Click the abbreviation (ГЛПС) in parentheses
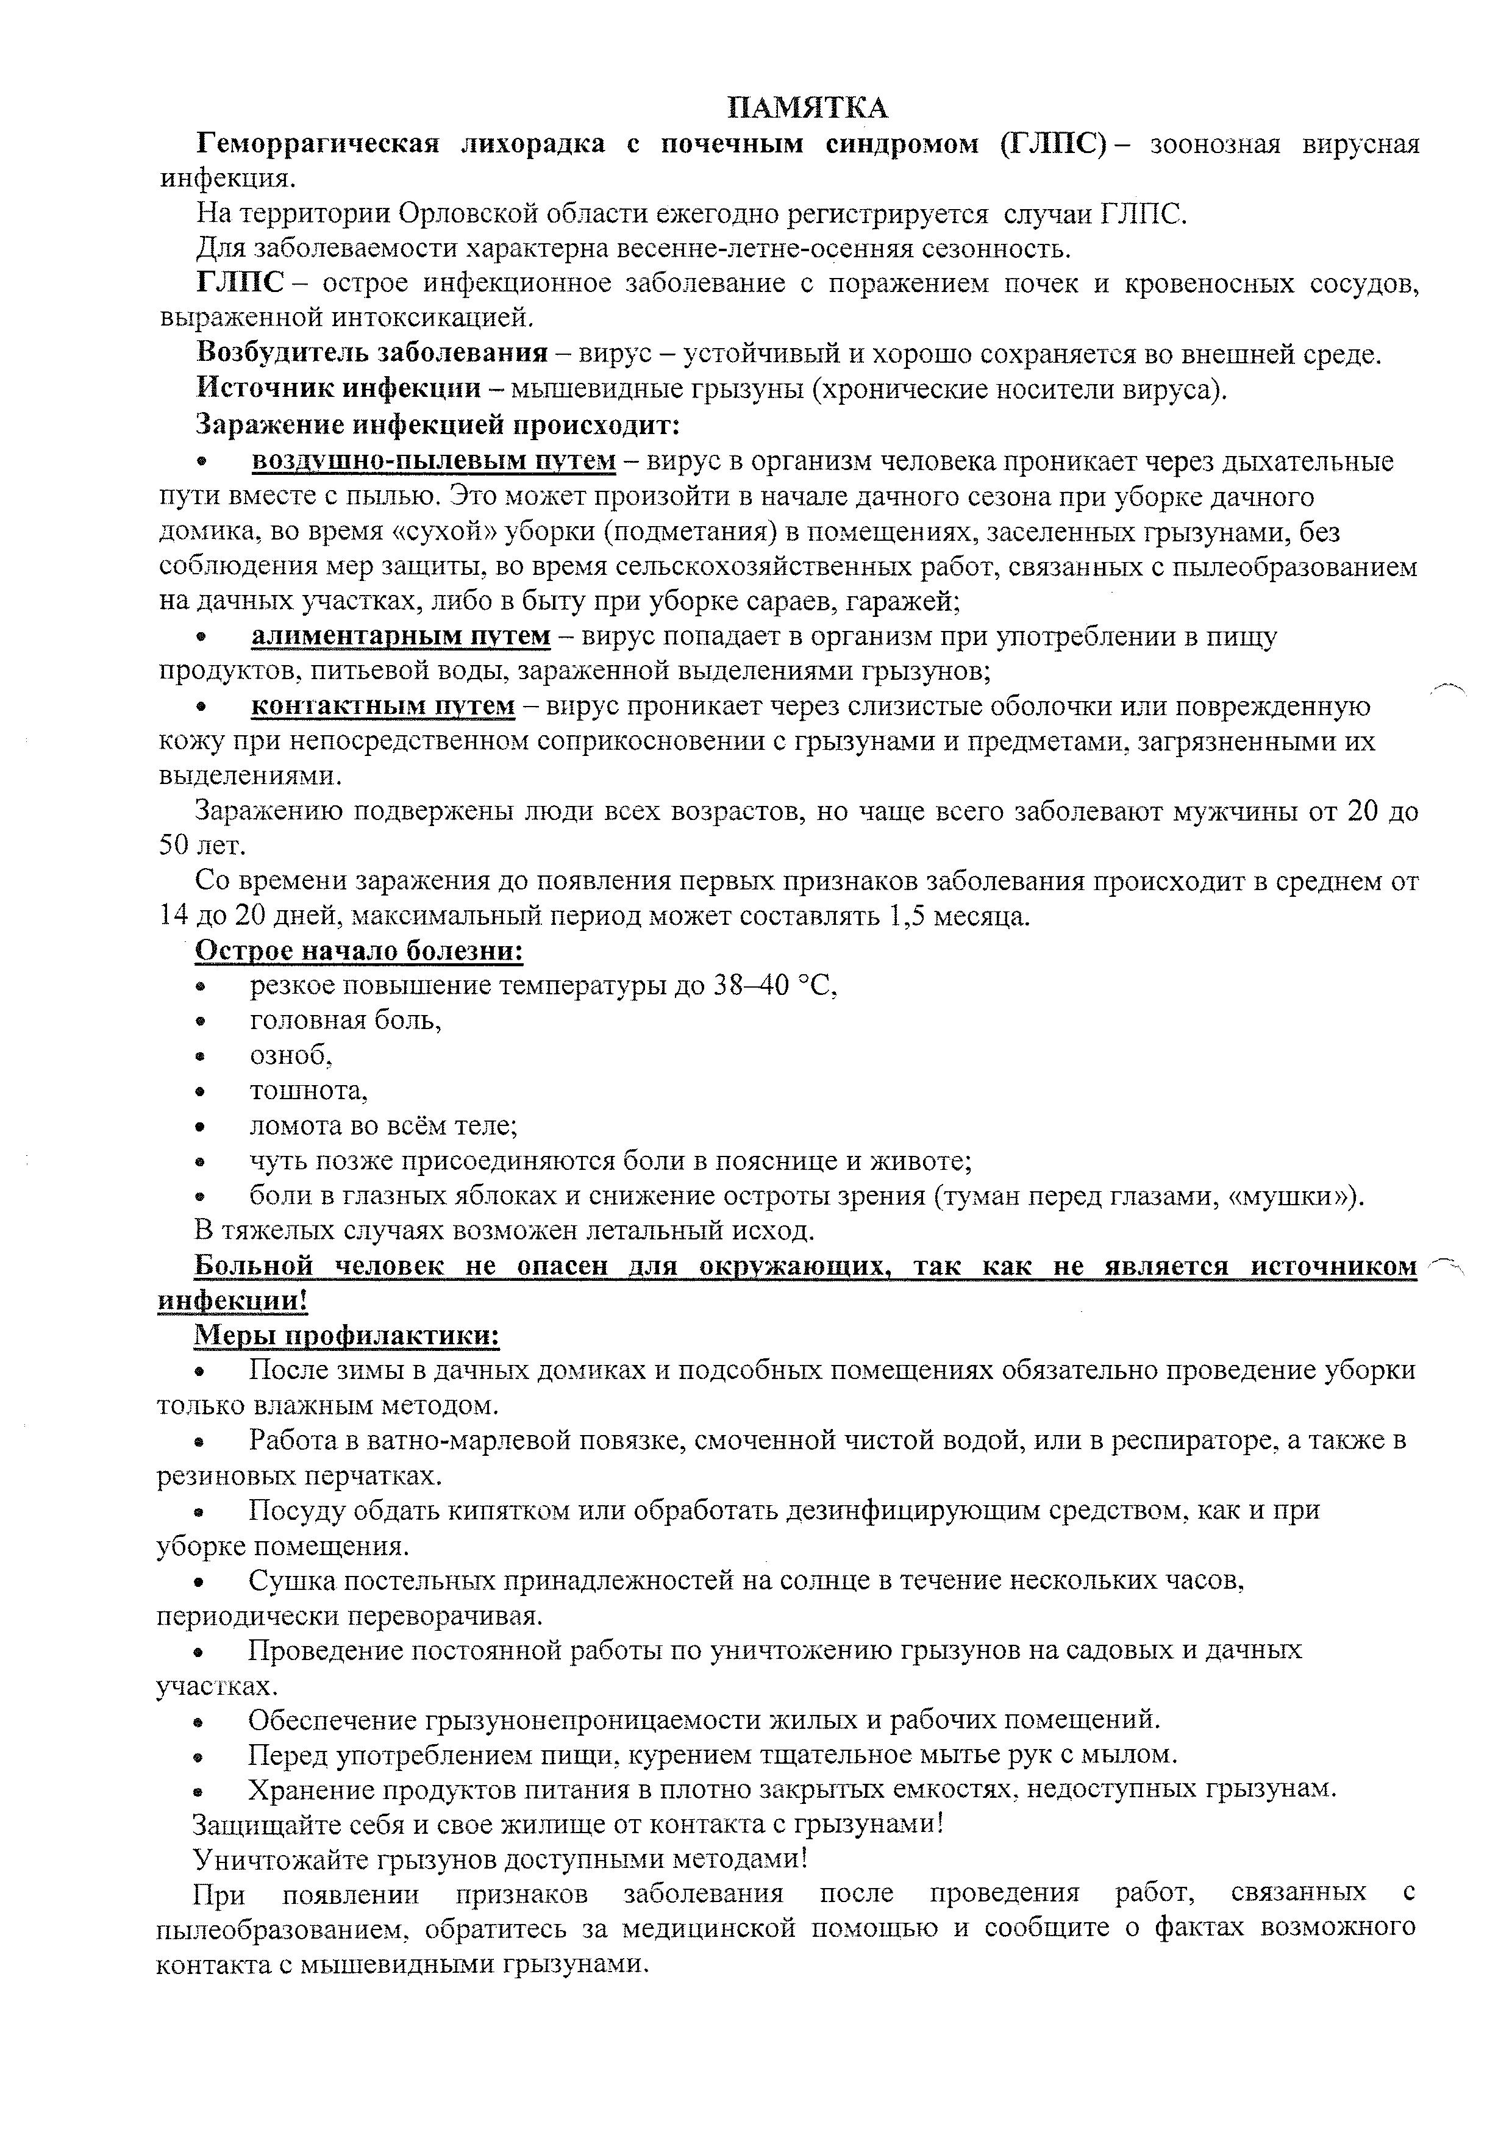[x=1053, y=144]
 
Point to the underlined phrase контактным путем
[x=383, y=706]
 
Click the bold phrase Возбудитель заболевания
[x=371, y=354]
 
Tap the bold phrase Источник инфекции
[x=338, y=389]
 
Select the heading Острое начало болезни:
[x=358, y=951]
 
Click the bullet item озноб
[x=290, y=1055]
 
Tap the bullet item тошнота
[x=308, y=1091]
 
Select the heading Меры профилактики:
[x=346, y=1336]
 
